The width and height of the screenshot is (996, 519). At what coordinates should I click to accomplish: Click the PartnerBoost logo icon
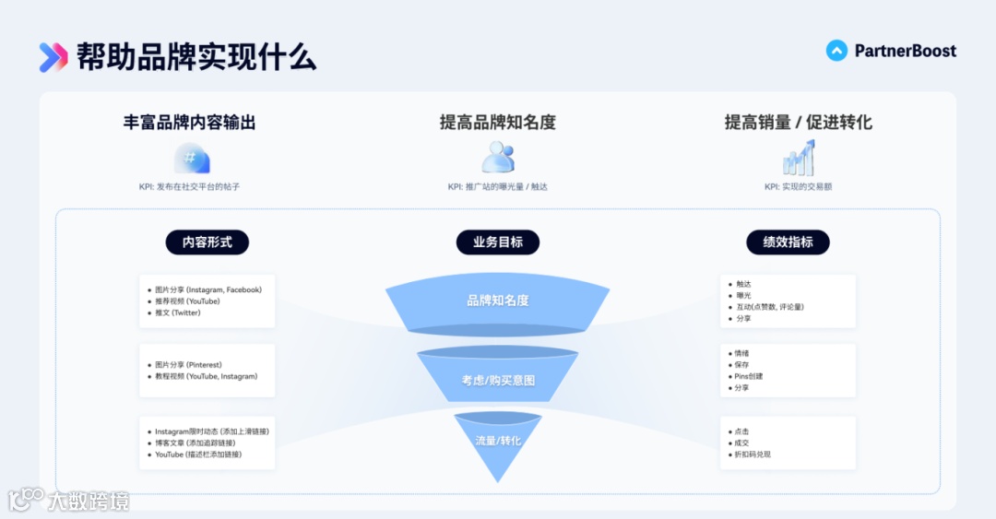click(x=836, y=51)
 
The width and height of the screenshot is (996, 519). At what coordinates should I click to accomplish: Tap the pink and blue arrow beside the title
click(x=53, y=57)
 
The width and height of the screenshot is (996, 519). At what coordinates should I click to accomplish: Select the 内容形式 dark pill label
click(x=207, y=242)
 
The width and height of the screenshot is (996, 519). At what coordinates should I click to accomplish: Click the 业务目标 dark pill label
click(x=498, y=242)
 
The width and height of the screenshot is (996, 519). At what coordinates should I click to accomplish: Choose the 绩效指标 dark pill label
click(x=788, y=242)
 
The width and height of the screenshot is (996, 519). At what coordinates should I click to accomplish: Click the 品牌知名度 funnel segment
click(x=498, y=301)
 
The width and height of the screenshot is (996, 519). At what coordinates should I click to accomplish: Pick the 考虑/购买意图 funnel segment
click(x=498, y=379)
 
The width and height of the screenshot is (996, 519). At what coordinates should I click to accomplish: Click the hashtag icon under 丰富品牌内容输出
click(x=192, y=159)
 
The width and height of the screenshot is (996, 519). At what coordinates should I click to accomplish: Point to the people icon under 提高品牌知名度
click(x=498, y=158)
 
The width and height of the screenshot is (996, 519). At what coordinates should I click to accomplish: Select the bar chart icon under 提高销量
click(x=799, y=159)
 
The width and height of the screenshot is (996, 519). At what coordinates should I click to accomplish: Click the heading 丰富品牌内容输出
click(x=189, y=123)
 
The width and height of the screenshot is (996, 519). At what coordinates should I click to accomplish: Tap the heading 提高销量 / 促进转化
click(x=798, y=123)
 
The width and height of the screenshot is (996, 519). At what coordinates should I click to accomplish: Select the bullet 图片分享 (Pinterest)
click(x=188, y=365)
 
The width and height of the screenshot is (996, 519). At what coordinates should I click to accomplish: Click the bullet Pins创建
click(x=748, y=376)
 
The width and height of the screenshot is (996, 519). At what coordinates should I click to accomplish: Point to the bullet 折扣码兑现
click(x=752, y=454)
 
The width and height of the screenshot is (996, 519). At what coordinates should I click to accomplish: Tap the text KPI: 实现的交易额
click(x=798, y=186)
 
